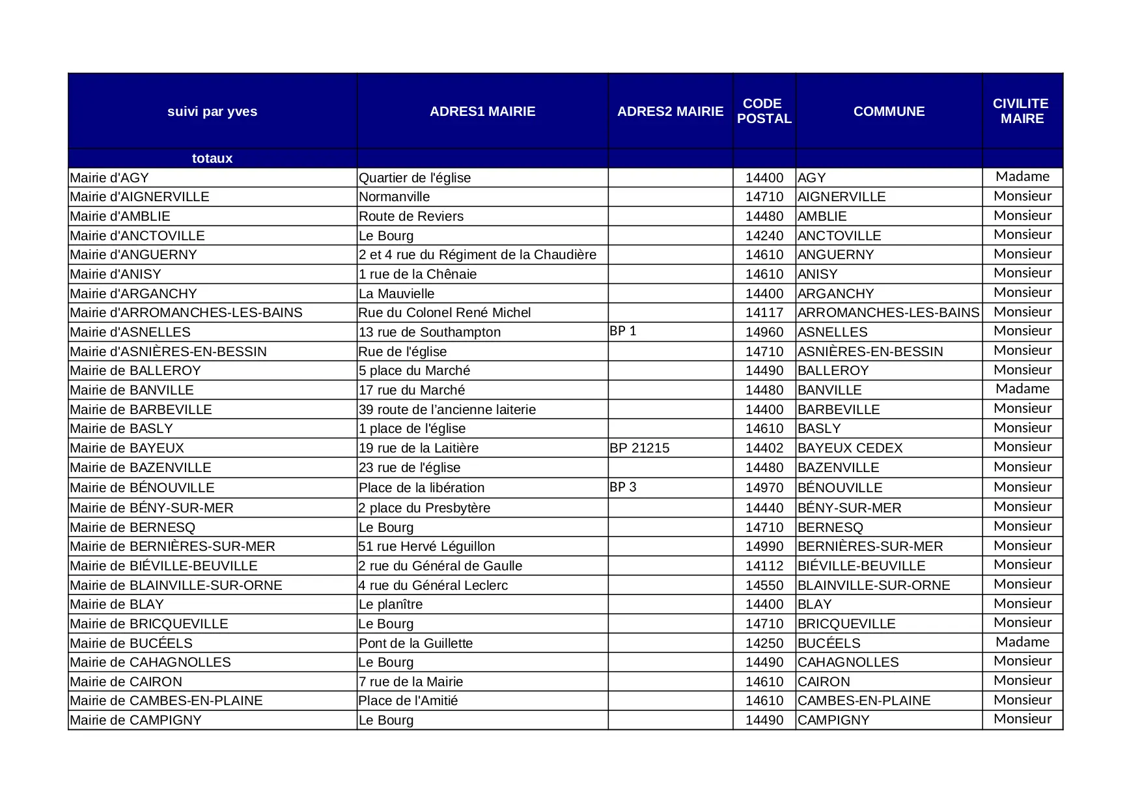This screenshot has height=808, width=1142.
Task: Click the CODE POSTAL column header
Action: tap(764, 111)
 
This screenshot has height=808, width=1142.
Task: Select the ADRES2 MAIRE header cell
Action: tap(670, 111)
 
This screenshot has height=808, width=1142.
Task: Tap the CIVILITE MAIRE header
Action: tap(1022, 111)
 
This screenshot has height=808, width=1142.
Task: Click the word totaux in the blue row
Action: tap(212, 158)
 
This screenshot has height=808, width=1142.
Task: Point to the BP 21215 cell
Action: tap(639, 448)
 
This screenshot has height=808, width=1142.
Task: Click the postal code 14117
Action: tap(764, 313)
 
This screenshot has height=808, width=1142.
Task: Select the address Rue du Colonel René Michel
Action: tap(445, 313)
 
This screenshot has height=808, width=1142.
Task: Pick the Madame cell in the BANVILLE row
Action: tap(1022, 389)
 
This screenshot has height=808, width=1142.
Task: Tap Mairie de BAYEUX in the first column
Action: tap(127, 448)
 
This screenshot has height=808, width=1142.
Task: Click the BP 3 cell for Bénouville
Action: tap(623, 487)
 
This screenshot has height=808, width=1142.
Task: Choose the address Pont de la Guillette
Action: tap(416, 643)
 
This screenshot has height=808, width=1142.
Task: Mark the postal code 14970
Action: tap(764, 488)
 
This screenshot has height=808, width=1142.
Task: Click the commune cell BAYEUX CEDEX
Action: tap(850, 448)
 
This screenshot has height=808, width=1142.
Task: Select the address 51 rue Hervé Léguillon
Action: tap(427, 546)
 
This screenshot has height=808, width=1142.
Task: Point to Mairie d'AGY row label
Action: tap(109, 178)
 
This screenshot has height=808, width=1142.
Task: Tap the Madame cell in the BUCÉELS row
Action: tap(1022, 642)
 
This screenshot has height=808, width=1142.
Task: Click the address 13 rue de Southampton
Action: tap(430, 332)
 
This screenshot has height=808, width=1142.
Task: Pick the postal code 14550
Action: tap(764, 585)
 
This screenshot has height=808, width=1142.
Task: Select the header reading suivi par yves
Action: tap(212, 111)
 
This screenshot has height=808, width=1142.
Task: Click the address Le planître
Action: tap(391, 604)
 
